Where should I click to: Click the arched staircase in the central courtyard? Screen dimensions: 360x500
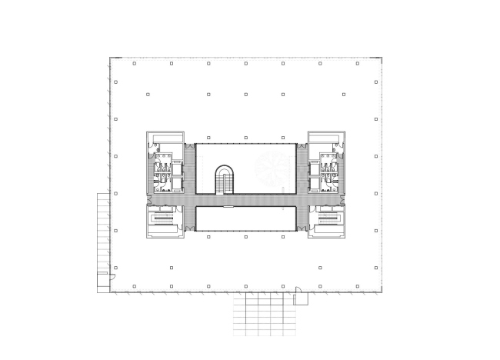225,180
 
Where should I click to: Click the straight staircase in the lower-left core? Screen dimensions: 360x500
163,219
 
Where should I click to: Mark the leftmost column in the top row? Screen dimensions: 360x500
134,63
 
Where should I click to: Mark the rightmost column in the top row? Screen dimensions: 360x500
358,63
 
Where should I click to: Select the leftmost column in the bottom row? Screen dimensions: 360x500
134,286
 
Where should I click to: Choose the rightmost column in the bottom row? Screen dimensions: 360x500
358,286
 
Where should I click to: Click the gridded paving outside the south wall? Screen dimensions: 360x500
263,315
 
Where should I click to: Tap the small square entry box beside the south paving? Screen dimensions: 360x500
301,298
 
